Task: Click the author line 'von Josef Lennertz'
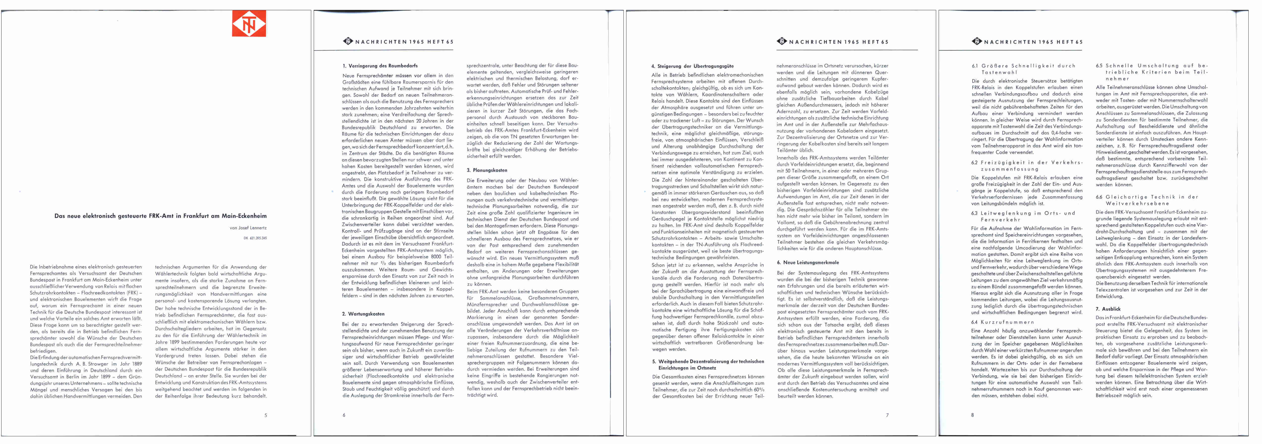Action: tap(248, 228)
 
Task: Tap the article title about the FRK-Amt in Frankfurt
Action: tap(161, 216)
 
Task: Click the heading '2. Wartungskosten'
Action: tap(363, 314)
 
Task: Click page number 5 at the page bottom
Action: tap(266, 415)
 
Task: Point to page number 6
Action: tap(344, 415)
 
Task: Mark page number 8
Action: tap(972, 415)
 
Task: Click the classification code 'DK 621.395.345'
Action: tap(255, 238)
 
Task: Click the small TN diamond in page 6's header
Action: tap(348, 42)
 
